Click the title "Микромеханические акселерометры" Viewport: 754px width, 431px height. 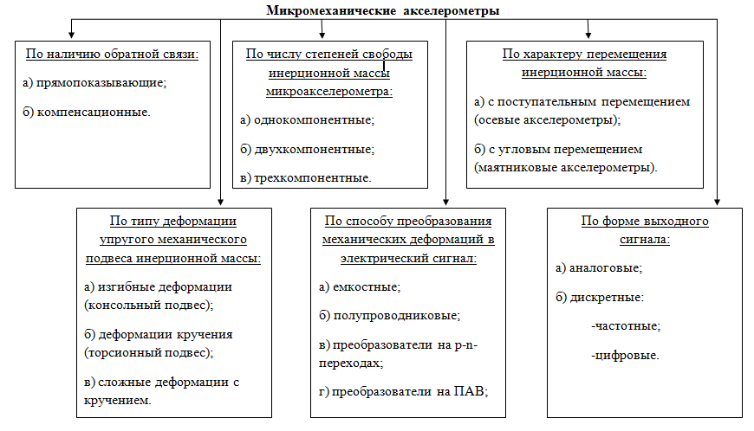[x=382, y=10]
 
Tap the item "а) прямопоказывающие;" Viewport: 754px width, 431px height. [x=94, y=83]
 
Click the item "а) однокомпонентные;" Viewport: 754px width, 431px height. [x=308, y=119]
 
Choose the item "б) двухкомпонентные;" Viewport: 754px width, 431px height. [x=308, y=149]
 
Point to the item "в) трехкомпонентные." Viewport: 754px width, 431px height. [x=306, y=178]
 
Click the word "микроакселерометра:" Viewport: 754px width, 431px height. [x=330, y=89]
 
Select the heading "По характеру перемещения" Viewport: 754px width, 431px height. [x=584, y=54]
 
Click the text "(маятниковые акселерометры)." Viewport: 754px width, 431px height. [x=566, y=165]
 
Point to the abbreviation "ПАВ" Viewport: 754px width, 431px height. [x=469, y=391]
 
